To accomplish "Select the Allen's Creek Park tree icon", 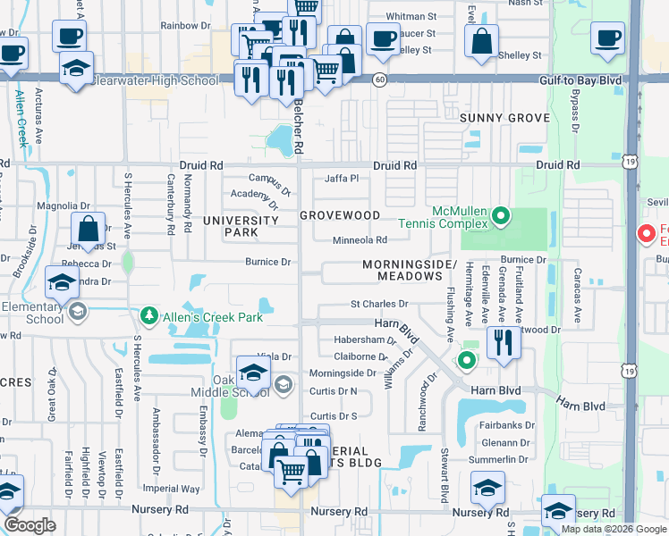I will tap(147, 315).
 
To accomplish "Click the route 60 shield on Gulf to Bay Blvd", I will tap(380, 80).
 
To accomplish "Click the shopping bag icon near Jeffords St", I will tap(88, 229).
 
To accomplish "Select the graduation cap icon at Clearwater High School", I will tap(77, 67).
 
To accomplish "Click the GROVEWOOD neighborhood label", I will tap(340, 215).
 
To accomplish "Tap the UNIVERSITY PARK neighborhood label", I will tap(241, 226).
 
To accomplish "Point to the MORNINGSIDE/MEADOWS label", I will tap(411, 271).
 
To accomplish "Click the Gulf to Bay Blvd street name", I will tap(580, 80).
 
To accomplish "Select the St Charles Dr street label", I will tap(379, 305).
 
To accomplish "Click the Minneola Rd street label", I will tap(360, 239).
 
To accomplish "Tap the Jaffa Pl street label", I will tap(341, 179).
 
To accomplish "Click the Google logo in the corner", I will tap(30, 525).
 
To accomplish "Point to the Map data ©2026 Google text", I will tap(613, 529).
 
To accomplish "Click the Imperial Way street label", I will tap(172, 489).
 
